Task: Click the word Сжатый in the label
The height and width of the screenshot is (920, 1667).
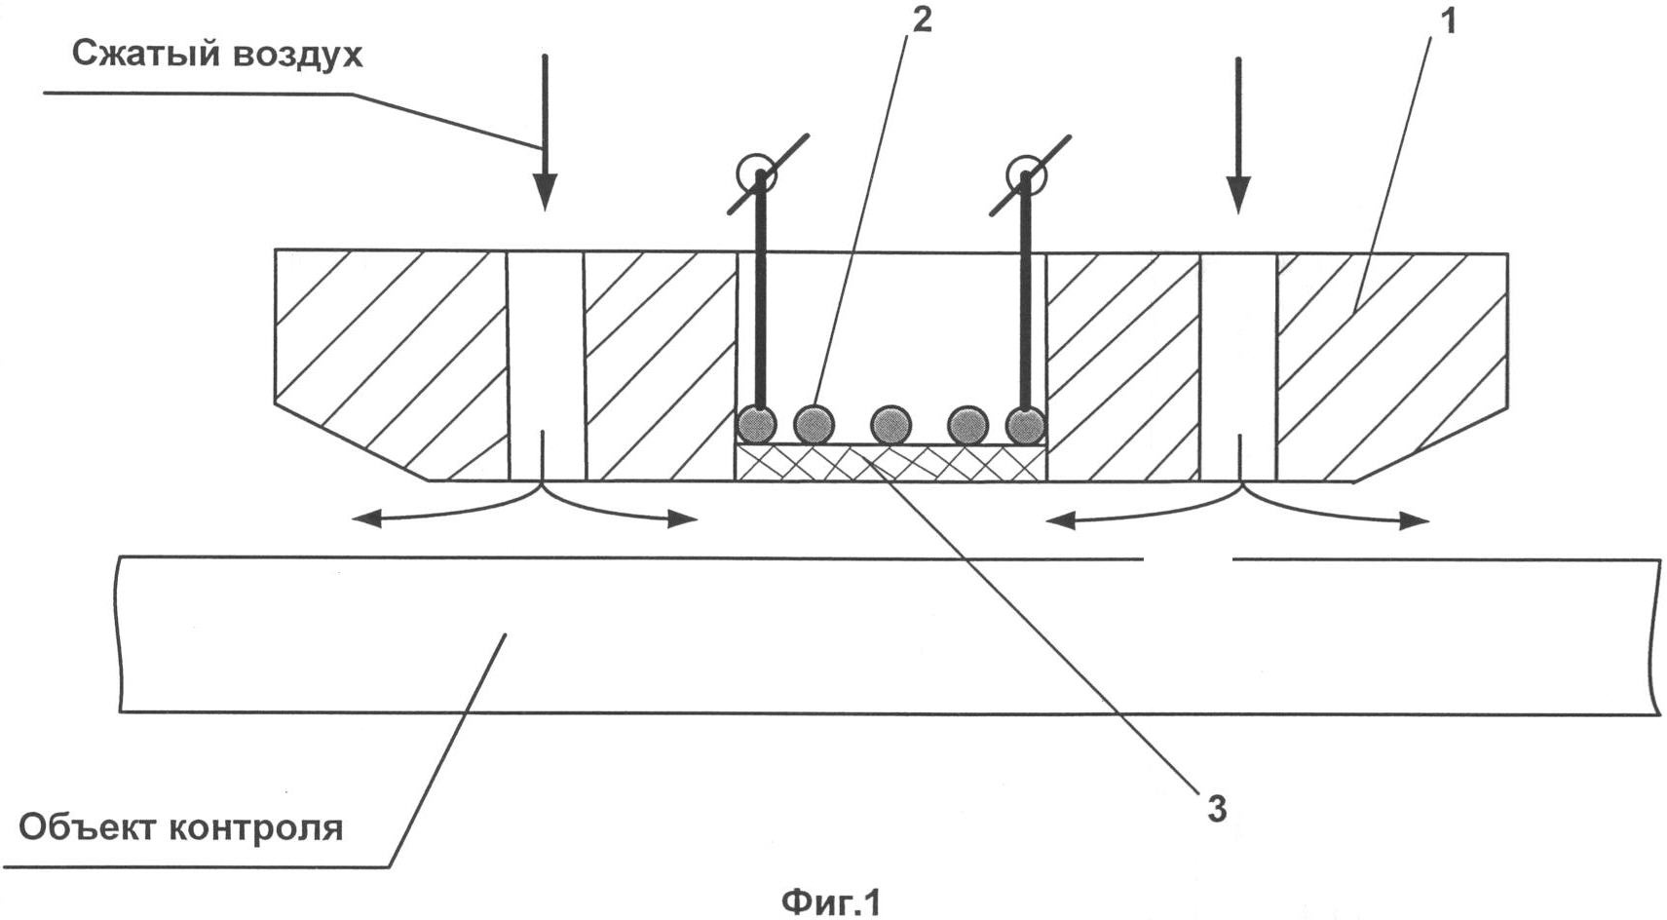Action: click(x=143, y=54)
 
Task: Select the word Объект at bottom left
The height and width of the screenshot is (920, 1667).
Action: click(x=87, y=827)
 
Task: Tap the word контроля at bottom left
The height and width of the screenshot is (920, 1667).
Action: click(x=255, y=829)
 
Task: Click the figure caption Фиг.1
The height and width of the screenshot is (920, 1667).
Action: click(x=830, y=901)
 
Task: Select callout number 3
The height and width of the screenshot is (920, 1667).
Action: click(x=1216, y=808)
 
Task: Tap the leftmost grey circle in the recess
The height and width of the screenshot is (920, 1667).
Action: click(x=756, y=425)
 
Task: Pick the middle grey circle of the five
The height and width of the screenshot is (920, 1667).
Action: click(x=890, y=425)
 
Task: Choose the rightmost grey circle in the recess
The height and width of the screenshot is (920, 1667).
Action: click(x=1025, y=425)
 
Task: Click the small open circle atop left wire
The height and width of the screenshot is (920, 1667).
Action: click(x=756, y=174)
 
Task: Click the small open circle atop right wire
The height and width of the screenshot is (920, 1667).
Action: click(x=1025, y=174)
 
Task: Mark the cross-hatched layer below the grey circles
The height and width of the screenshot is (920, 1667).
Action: click(x=890, y=462)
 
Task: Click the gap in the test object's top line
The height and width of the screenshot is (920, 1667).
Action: click(x=1187, y=559)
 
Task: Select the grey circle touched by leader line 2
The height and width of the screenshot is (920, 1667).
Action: click(x=815, y=425)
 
